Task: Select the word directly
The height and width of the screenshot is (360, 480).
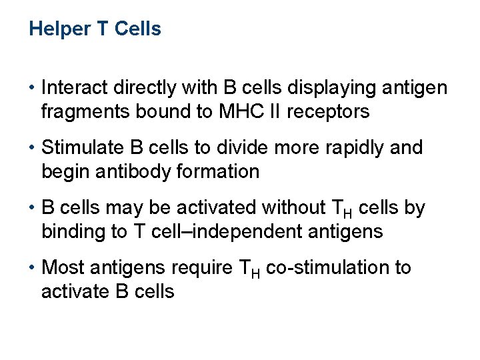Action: click(x=141, y=88)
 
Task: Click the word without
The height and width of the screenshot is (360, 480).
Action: click(x=293, y=208)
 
